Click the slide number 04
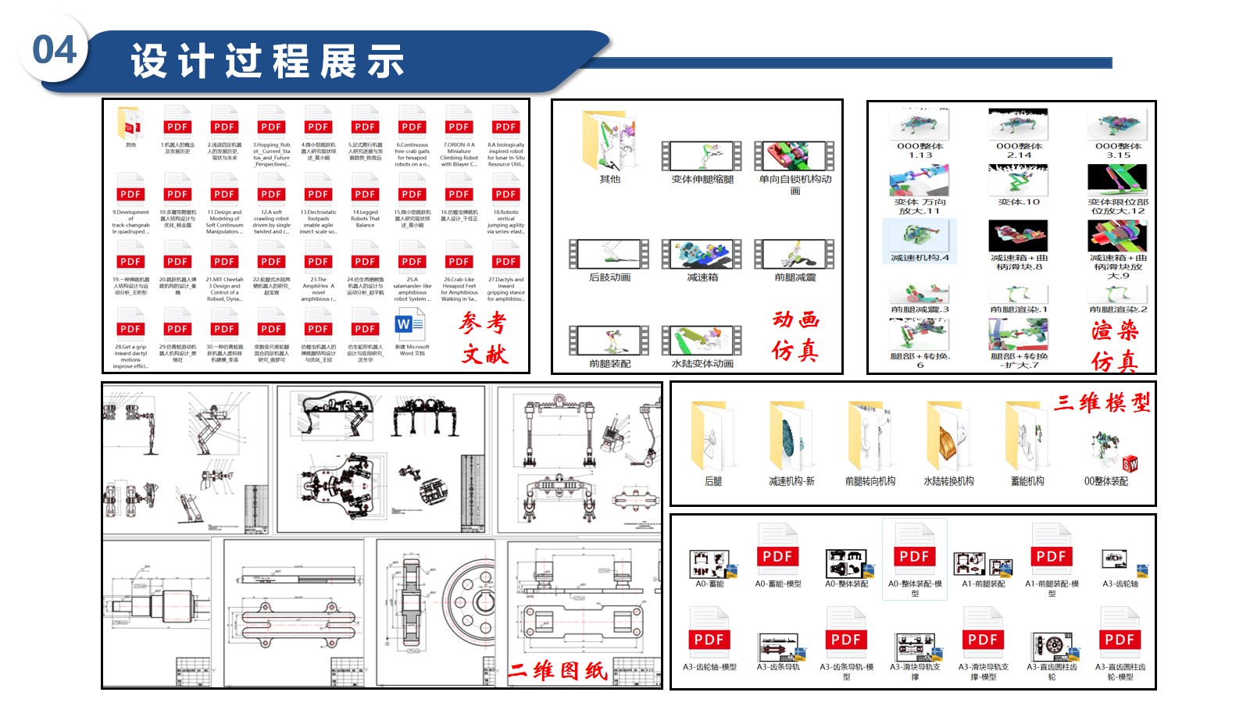[x=54, y=51]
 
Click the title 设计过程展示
[x=267, y=62]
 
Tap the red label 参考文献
[x=483, y=337]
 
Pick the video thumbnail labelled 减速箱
[x=702, y=254]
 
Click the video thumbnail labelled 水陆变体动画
[x=702, y=341]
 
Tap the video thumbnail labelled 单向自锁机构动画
[x=795, y=155]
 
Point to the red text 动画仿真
[x=795, y=334]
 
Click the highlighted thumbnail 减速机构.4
[x=920, y=236]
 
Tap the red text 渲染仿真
[x=1115, y=345]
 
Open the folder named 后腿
[x=712, y=437]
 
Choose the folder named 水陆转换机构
[x=948, y=437]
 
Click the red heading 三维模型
[x=1102, y=403]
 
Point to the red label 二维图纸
[x=558, y=670]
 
